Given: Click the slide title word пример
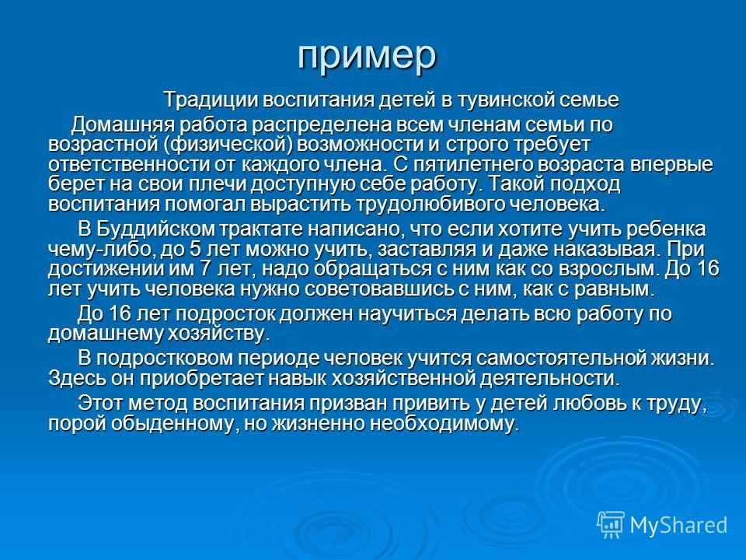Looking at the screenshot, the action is tap(367, 56).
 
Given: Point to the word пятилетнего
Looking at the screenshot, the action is tap(472, 165).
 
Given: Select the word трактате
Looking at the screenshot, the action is tap(261, 229).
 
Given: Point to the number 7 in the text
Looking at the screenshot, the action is tap(205, 269).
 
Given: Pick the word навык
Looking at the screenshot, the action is tap(298, 379).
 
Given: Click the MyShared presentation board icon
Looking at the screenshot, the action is tap(611, 525).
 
